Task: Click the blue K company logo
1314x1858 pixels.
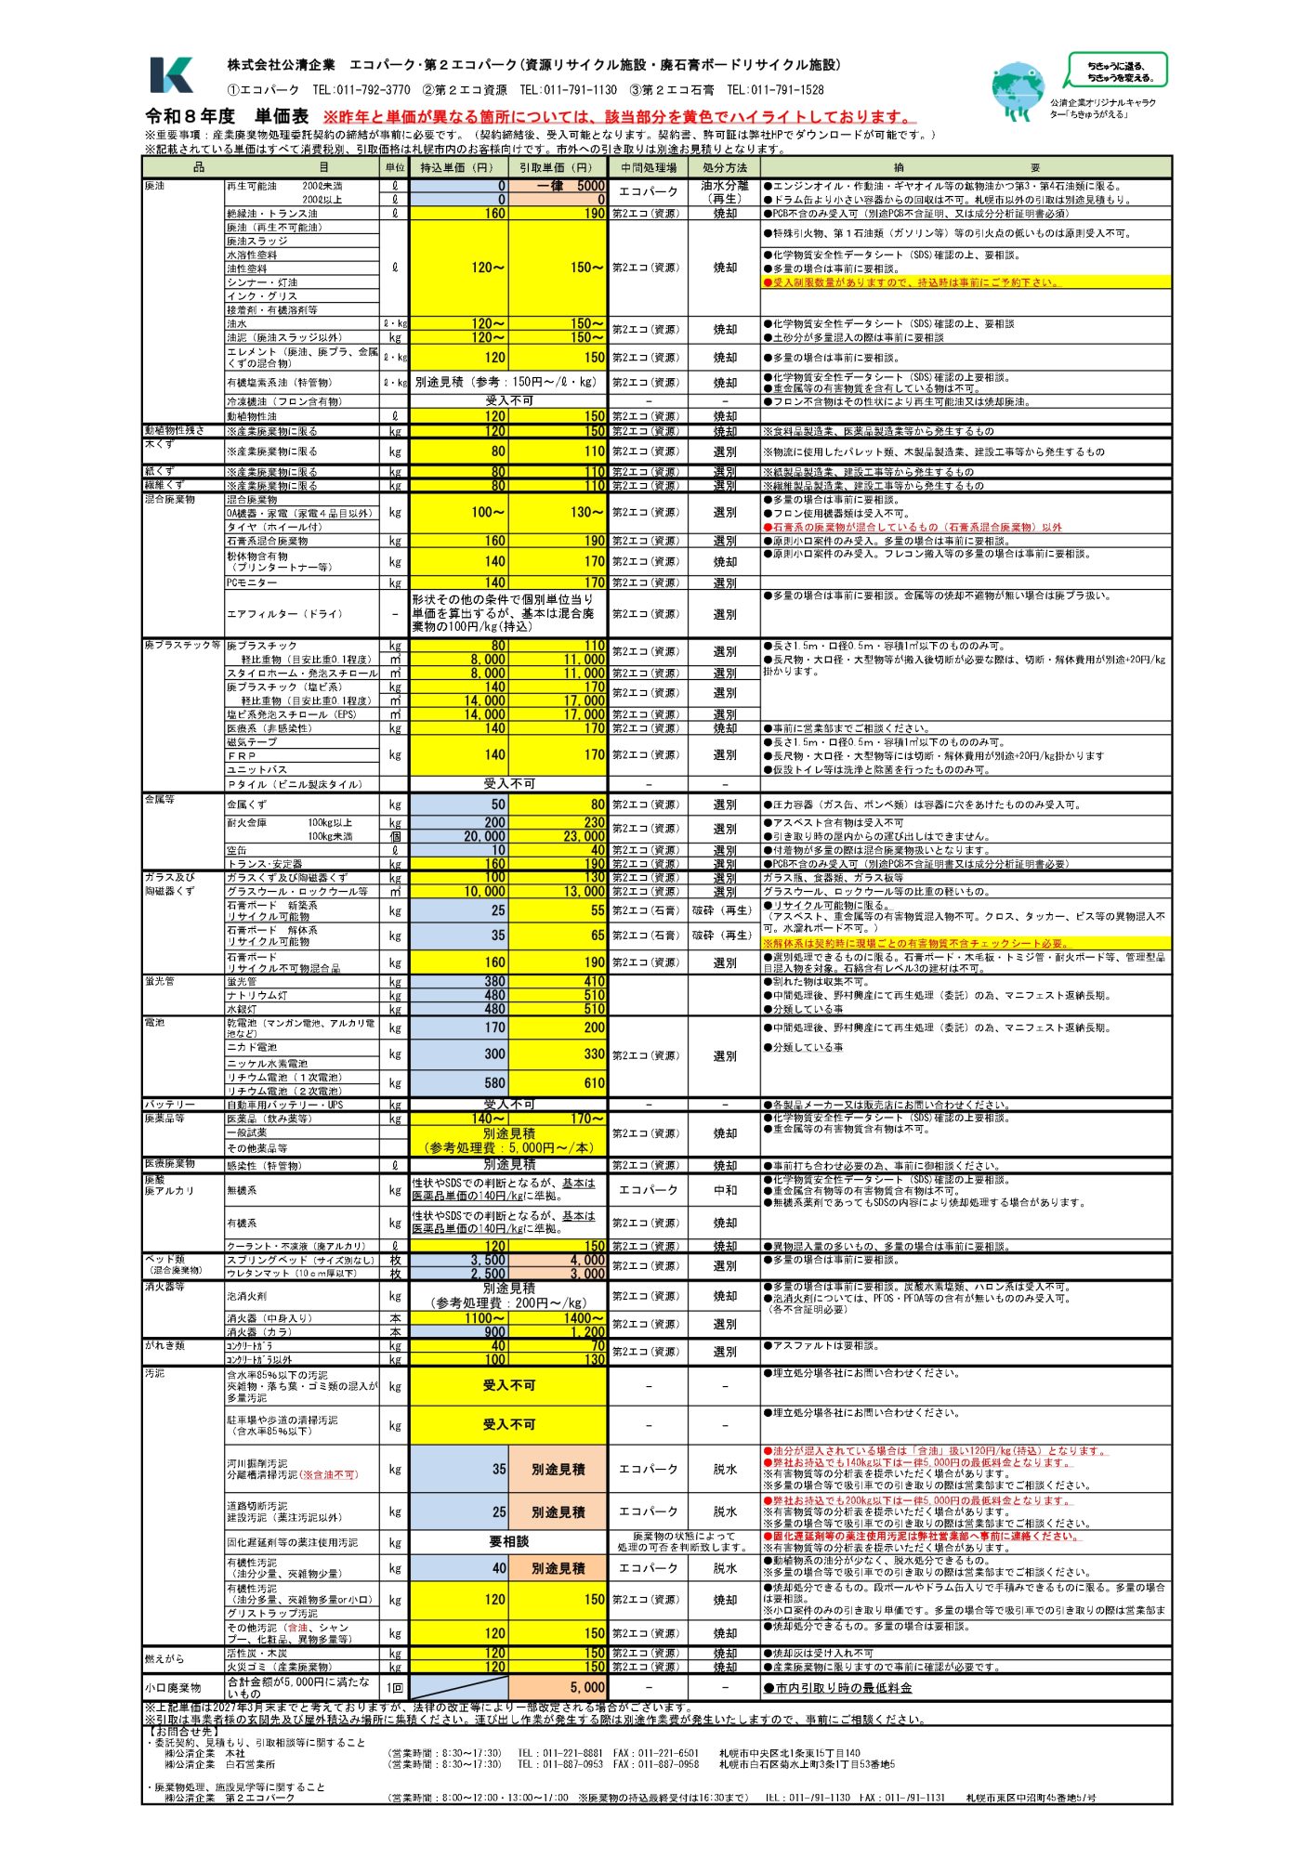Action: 172,75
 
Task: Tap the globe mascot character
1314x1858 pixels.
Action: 1018,91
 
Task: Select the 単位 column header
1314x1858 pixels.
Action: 395,168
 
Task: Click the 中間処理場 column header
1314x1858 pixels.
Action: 649,168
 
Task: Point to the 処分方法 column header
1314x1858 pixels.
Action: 725,168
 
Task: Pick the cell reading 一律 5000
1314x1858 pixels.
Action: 558,186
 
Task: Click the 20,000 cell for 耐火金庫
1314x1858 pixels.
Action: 459,836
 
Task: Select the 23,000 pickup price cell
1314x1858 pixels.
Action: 558,836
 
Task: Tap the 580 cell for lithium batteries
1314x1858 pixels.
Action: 459,1082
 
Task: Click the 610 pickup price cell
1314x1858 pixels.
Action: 558,1082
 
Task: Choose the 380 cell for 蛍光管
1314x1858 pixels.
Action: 459,981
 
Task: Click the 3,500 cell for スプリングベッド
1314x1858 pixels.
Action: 459,1261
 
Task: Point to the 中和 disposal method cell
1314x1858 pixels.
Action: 725,1190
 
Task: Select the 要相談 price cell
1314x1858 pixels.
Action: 508,1541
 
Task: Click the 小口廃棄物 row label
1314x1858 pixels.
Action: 173,1687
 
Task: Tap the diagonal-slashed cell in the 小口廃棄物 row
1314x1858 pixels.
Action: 459,1687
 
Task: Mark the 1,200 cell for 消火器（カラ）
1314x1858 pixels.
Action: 558,1332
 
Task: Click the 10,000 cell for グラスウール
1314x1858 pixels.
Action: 459,892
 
